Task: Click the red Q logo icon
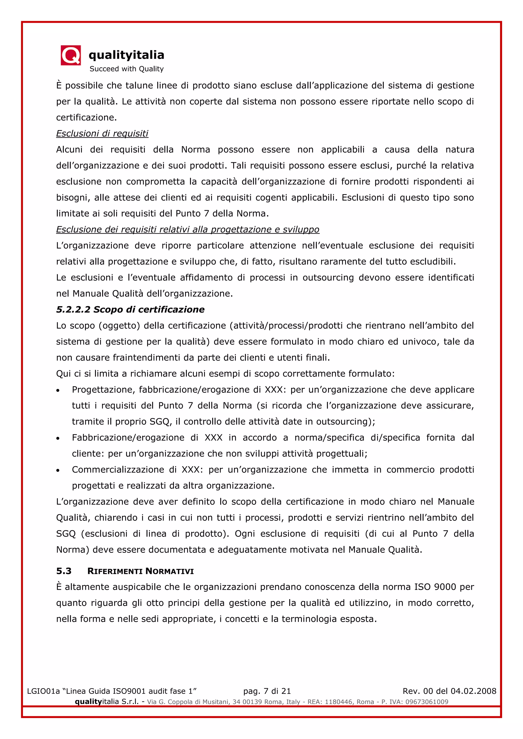pos(70,55)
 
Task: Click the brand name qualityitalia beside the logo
pos(126,55)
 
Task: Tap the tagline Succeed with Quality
pos(127,69)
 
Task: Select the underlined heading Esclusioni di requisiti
pos(102,133)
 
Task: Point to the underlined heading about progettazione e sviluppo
pos(187,229)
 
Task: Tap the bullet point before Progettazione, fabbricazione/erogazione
pos(58,390)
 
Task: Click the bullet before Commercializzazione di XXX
pos(58,471)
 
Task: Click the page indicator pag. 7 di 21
pos(267,691)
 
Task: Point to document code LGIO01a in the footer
pos(43,691)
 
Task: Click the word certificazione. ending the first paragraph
pos(86,117)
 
